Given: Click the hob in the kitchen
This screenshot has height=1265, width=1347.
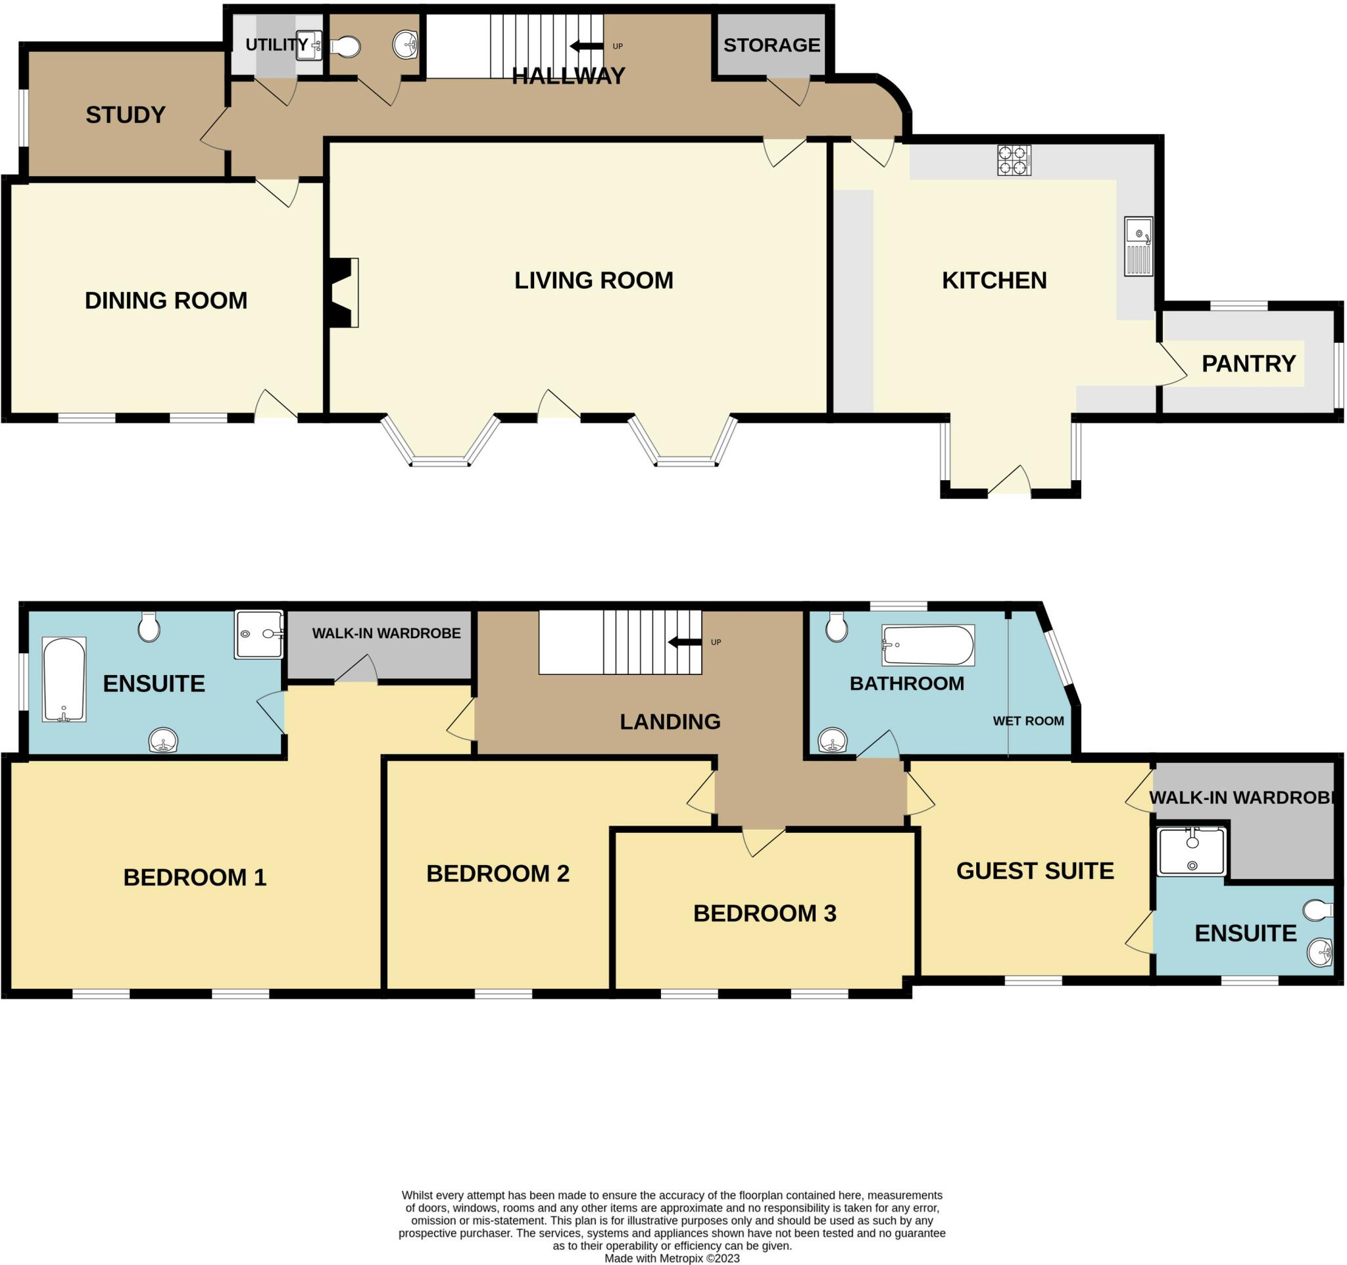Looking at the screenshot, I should point(1014,161).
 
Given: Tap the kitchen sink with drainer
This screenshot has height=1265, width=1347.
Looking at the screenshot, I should point(1138,246).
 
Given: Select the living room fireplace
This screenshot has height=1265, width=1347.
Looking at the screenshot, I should point(343,293).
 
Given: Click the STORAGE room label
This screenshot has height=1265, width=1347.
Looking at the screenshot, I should point(771,45).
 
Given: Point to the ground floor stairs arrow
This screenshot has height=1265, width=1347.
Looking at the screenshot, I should point(586,46).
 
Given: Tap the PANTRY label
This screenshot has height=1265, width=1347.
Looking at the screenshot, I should point(1248,364).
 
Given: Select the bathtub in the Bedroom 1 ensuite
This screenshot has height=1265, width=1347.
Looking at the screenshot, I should point(64,679).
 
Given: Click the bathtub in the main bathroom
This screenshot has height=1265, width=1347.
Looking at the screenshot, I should point(927,645).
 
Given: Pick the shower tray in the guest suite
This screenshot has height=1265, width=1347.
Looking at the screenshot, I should point(1192,851).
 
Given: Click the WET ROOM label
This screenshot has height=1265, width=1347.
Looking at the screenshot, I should point(1028,721).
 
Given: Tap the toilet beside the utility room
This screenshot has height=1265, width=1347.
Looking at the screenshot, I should point(346,47).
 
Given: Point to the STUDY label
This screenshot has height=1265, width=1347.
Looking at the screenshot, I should point(126,115).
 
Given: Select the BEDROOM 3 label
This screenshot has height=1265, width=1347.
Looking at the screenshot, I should point(764,913).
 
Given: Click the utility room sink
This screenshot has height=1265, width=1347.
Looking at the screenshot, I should point(310,46).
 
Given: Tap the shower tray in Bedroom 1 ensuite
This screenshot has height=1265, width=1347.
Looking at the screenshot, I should point(259,634).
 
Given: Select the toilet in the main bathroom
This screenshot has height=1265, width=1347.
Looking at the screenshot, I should point(837,628).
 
